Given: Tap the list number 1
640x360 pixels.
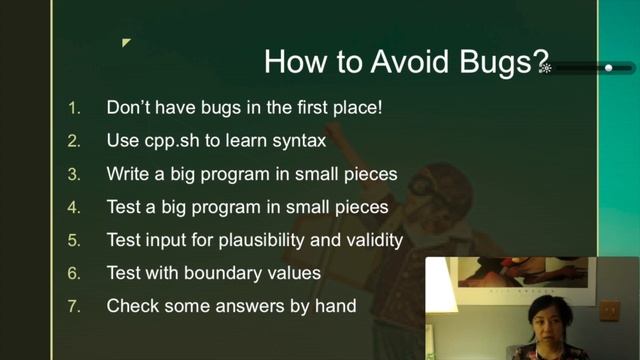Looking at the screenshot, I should coord(73,107).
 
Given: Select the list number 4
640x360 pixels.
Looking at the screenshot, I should coord(73,207).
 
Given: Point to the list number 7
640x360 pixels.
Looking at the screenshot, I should coord(73,306).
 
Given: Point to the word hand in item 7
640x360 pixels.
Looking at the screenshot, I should coord(336,306).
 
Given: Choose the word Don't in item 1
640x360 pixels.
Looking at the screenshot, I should coord(130,107).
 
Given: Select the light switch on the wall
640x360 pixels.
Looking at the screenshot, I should coord(609,311).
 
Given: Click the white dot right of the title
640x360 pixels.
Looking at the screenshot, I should coord(609,68).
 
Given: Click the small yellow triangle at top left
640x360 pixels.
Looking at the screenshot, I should coord(126,43).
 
